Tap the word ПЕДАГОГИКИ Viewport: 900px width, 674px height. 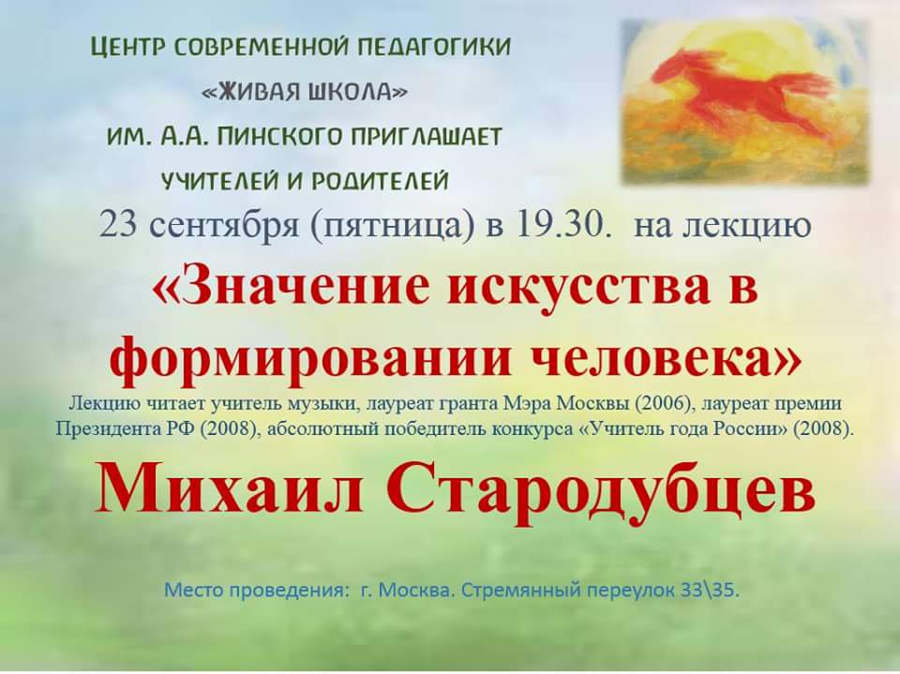coord(434,47)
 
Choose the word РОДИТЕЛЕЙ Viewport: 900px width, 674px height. coord(380,182)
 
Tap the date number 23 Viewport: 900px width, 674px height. coord(119,225)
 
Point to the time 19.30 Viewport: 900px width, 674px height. coord(562,225)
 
